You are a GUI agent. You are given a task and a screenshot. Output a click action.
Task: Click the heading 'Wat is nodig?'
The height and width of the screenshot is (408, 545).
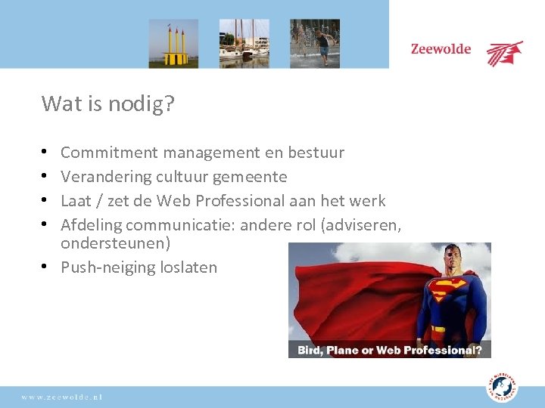point(107,104)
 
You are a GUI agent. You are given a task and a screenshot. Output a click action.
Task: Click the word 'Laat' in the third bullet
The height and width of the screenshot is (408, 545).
point(76,201)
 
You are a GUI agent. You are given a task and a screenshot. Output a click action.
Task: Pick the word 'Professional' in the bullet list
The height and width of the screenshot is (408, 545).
point(238,201)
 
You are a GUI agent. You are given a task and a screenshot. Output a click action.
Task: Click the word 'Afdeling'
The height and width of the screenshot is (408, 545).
point(90,225)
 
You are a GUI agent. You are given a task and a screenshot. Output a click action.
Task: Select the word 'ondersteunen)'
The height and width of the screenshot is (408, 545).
point(115,243)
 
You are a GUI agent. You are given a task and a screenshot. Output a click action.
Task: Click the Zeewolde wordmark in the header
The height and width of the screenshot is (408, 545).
point(441,50)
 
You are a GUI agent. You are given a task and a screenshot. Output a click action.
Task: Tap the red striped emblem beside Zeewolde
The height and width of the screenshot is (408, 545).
point(504,53)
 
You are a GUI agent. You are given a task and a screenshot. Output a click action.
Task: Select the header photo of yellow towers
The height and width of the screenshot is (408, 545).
point(173,43)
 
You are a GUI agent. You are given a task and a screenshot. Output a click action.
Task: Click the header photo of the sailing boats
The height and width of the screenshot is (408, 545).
point(244,43)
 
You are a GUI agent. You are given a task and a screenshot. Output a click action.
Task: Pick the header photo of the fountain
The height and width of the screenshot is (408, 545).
point(315,43)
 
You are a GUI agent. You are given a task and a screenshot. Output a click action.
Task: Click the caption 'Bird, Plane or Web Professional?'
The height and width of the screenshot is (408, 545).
point(390,350)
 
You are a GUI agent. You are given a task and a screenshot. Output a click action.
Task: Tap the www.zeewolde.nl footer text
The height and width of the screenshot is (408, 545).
point(63,397)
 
